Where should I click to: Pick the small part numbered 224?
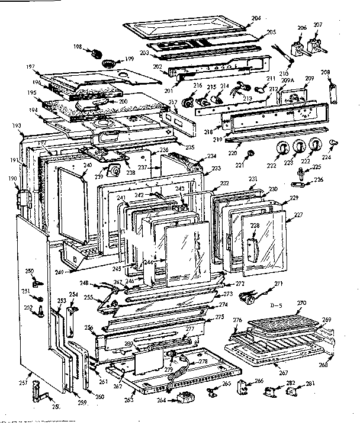pos(333,141)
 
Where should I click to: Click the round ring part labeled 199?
pos(109,63)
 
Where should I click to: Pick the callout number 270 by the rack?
pos(301,302)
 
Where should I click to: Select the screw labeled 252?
pos(41,309)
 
